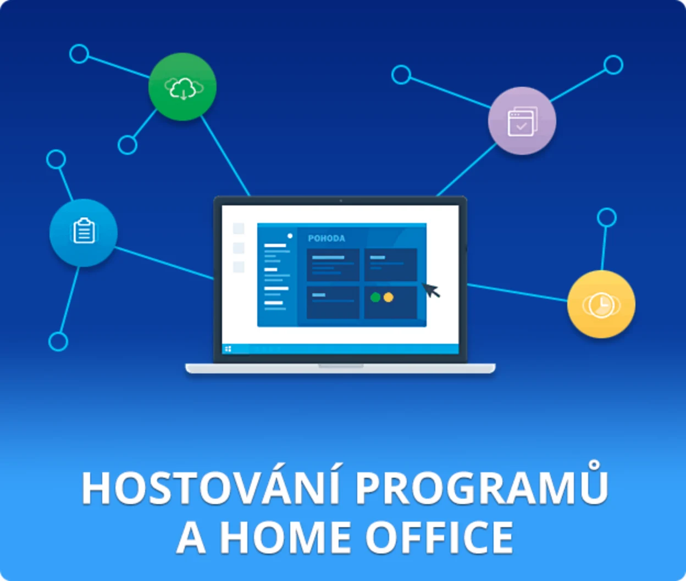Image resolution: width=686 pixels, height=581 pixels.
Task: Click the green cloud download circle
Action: pyautogui.click(x=182, y=87)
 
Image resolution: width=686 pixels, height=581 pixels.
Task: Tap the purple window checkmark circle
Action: pyautogui.click(x=522, y=121)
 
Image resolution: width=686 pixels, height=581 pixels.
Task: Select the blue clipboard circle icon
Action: pyautogui.click(x=84, y=232)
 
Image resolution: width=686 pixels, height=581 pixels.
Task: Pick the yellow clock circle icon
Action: pyautogui.click(x=601, y=304)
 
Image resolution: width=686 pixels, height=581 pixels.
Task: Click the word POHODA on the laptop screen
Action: pyautogui.click(x=327, y=238)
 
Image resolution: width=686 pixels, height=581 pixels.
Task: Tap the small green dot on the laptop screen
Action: pyautogui.click(x=375, y=297)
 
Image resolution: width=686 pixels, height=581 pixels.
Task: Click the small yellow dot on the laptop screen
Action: pyautogui.click(x=389, y=297)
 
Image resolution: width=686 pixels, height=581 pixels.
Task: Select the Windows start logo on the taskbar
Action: pyautogui.click(x=228, y=349)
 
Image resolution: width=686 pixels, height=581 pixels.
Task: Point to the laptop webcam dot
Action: pyautogui.click(x=341, y=201)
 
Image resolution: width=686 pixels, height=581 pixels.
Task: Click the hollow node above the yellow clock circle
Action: pyautogui.click(x=607, y=217)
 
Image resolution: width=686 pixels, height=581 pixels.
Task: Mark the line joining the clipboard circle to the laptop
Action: pyautogui.click(x=165, y=263)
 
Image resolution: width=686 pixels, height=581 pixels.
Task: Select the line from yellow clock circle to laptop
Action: pyautogui.click(x=517, y=292)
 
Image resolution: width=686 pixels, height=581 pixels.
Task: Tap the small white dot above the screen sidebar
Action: pyautogui.click(x=290, y=236)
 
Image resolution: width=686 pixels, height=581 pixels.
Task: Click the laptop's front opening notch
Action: pyautogui.click(x=341, y=366)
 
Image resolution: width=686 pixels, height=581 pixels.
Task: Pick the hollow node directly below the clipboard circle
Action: pyautogui.click(x=58, y=342)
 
